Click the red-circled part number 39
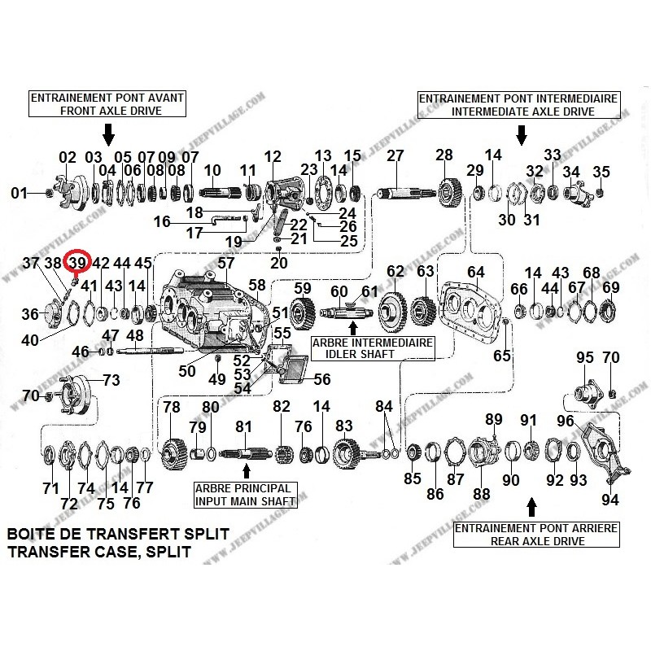(77, 263)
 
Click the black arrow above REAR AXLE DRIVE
(532, 508)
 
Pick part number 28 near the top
(443, 155)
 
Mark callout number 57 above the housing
(225, 264)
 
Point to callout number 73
(111, 380)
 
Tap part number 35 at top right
(601, 172)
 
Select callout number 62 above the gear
(395, 271)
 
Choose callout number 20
(279, 263)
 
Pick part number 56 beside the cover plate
(322, 378)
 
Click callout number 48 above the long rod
(135, 335)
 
